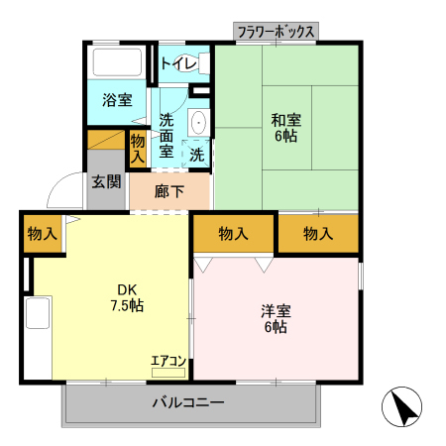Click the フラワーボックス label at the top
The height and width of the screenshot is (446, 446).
pos(276,32)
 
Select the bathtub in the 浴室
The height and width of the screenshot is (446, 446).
pos(117,62)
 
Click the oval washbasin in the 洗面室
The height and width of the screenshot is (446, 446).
pos(199,122)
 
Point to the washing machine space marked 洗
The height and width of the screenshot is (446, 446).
pos(196,155)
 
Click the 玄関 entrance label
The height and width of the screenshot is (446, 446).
pos(106,181)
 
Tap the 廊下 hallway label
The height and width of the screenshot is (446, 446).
pos(169,191)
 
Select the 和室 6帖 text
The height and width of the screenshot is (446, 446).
pos(286,128)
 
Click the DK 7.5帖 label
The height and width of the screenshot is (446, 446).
pos(127,298)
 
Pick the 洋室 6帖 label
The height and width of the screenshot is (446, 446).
pos(276,319)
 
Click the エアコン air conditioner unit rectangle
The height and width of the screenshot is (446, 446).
pos(168,373)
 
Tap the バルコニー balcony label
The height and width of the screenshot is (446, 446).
pos(188,402)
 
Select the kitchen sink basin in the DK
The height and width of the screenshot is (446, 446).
pos(38,312)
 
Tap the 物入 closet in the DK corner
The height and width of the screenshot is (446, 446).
pos(43,234)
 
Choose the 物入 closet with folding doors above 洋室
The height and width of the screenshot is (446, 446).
pos(233,234)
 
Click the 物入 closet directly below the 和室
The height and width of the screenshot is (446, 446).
pos(318,234)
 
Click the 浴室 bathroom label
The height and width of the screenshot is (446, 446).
pos(117,100)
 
